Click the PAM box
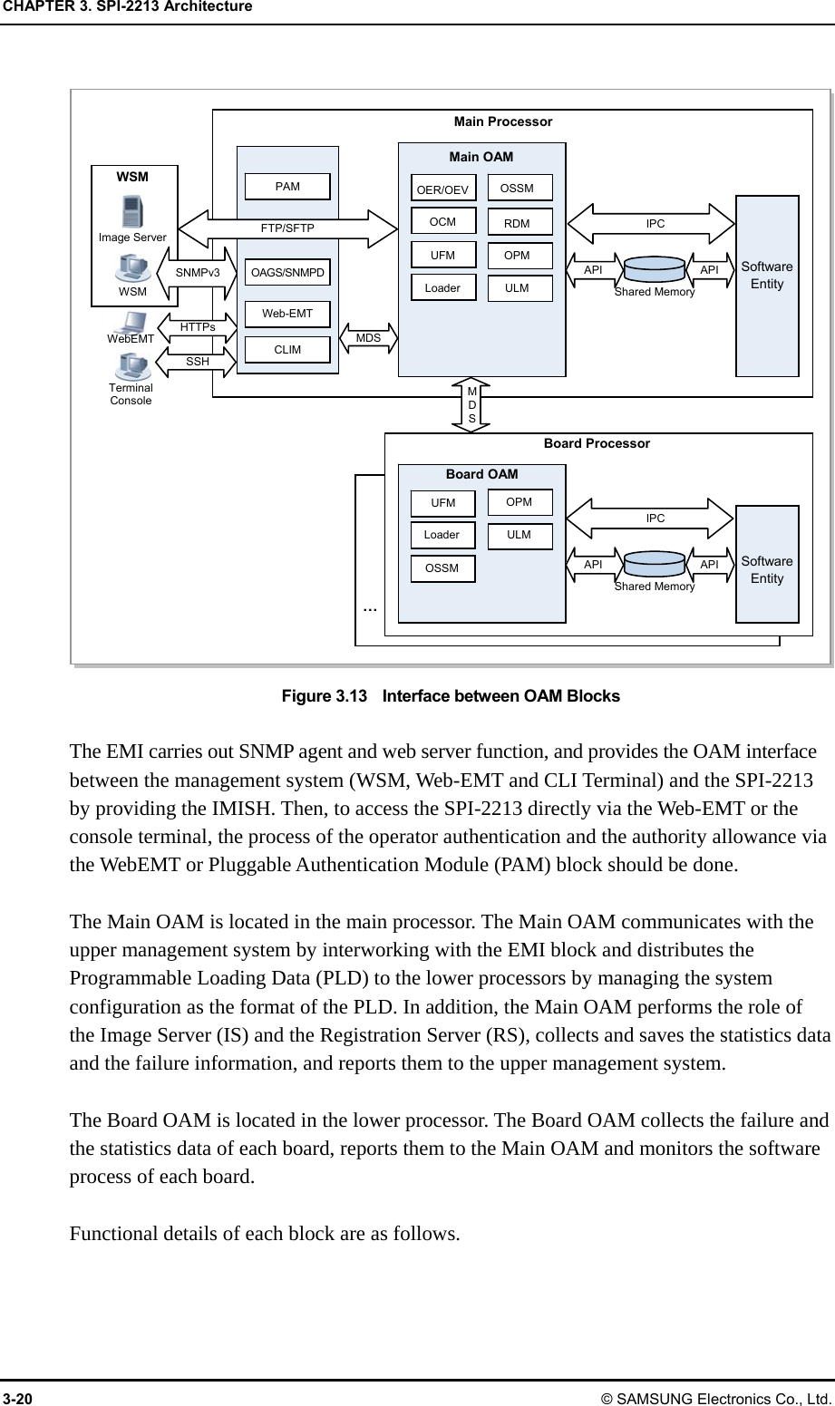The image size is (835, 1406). tap(287, 187)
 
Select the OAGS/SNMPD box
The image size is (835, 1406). tap(287, 272)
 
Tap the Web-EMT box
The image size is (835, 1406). tap(287, 314)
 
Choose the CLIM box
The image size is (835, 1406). tap(287, 349)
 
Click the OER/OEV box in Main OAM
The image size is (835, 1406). tap(442, 189)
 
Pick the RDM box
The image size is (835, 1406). tap(517, 222)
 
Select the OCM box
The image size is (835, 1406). tap(442, 221)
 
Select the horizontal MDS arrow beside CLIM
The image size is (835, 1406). tap(368, 338)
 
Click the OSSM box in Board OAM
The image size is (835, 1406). tap(442, 568)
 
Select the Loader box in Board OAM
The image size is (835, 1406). tap(442, 535)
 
